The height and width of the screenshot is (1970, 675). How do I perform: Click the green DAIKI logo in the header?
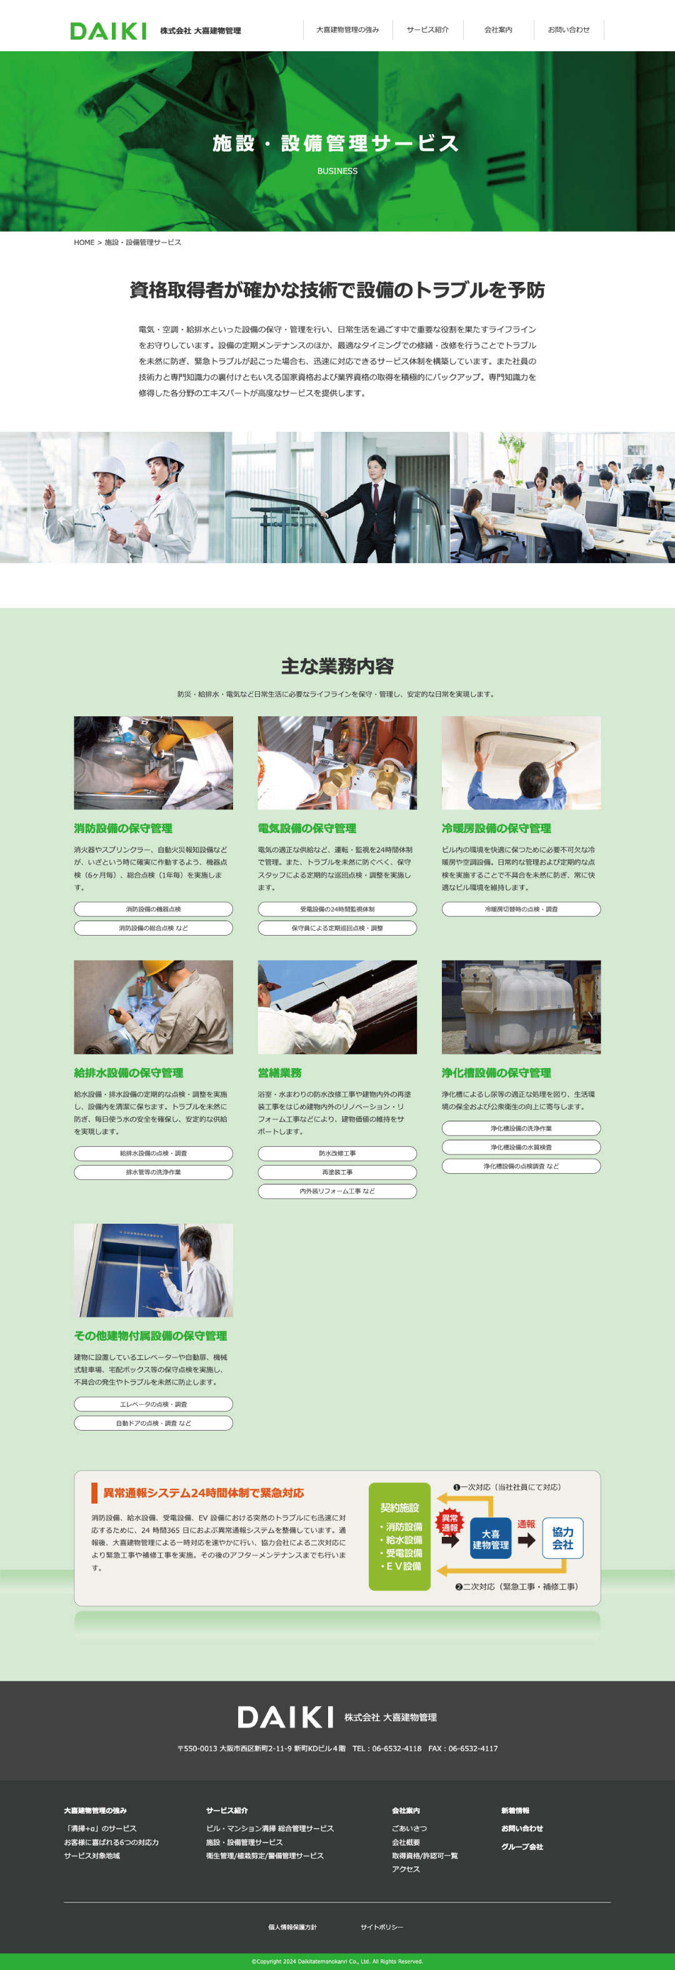(107, 31)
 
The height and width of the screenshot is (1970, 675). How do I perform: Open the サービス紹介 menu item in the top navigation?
(427, 30)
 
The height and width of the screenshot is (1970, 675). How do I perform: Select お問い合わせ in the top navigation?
(568, 30)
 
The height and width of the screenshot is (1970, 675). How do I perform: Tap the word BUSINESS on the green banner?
(337, 171)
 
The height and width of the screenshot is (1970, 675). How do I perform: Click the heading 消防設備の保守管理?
(123, 828)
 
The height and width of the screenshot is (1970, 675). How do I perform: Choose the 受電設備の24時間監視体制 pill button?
(337, 909)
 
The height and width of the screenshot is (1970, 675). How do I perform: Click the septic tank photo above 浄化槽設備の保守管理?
(521, 1007)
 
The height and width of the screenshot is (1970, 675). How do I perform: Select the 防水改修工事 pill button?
(337, 1153)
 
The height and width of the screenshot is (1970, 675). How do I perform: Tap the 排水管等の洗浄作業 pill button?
(153, 1172)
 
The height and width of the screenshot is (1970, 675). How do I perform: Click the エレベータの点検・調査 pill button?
(153, 1404)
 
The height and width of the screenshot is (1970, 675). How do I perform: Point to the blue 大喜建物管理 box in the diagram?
(490, 1539)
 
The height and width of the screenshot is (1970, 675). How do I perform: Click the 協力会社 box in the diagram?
(562, 1538)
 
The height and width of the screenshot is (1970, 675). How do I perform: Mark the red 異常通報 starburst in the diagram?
(449, 1522)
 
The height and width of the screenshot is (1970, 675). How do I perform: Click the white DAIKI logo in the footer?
(285, 1717)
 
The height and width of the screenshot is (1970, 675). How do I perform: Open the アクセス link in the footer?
(406, 1869)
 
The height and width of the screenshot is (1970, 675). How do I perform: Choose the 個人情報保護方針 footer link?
(292, 1927)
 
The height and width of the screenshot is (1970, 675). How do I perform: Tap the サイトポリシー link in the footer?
(381, 1927)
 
